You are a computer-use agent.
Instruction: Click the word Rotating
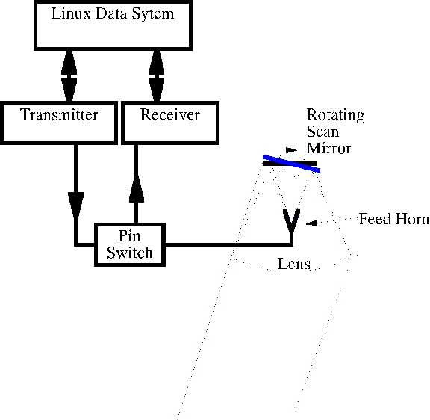point(336,115)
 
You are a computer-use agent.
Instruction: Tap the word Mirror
point(328,148)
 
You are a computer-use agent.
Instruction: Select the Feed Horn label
point(394,219)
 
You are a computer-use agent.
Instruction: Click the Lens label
point(294,264)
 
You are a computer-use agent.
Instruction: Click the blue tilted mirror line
point(291,164)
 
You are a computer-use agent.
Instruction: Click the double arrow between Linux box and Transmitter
point(69,75)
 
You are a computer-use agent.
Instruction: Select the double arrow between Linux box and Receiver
point(157,75)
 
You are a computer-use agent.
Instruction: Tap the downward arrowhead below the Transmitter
point(76,206)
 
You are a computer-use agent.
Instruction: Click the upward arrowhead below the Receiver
point(137,189)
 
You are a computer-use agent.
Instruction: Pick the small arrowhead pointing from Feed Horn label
point(311,223)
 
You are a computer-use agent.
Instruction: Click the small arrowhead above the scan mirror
point(292,150)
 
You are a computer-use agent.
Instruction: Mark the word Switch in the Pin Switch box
point(130,253)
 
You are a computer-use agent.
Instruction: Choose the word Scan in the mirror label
point(322,132)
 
